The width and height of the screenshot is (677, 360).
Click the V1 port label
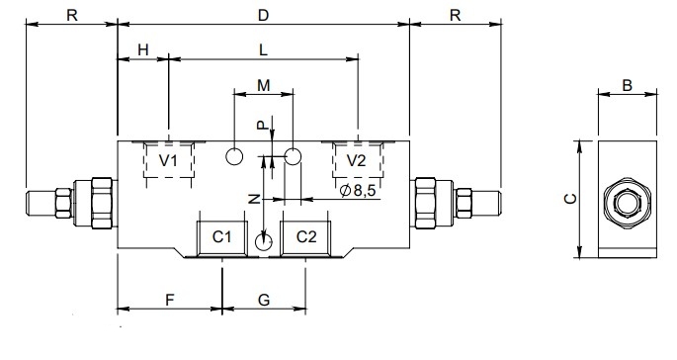point(168,161)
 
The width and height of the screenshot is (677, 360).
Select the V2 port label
point(356,161)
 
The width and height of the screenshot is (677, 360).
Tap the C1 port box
point(222,238)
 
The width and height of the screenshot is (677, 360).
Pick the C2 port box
point(305,238)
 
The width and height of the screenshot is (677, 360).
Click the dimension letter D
point(263,15)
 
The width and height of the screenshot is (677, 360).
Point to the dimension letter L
point(263,50)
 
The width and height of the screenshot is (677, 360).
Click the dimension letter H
point(143,50)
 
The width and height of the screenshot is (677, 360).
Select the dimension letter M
point(263,86)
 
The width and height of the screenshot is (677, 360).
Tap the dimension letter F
point(170,300)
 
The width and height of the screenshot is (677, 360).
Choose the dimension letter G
point(263,300)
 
